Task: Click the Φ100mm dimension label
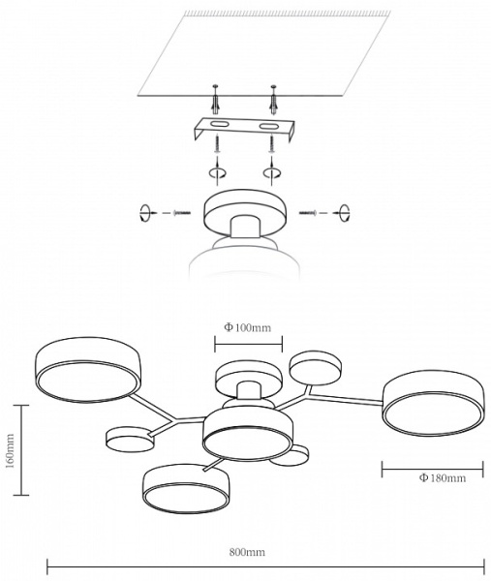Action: coord(247,327)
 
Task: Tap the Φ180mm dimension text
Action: coord(443,478)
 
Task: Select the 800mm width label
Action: coord(247,553)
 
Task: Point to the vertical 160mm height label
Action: coord(10,451)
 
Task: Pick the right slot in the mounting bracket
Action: coord(267,127)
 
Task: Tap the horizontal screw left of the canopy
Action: coord(182,213)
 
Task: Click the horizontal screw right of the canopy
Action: coord(308,213)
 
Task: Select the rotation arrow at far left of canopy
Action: coord(145,213)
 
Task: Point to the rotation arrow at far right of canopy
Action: coord(344,213)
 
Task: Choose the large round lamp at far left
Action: coord(88,370)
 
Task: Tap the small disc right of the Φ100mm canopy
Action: coord(316,368)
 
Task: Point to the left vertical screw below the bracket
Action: coord(218,144)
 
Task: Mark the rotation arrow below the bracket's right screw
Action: coord(271,172)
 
